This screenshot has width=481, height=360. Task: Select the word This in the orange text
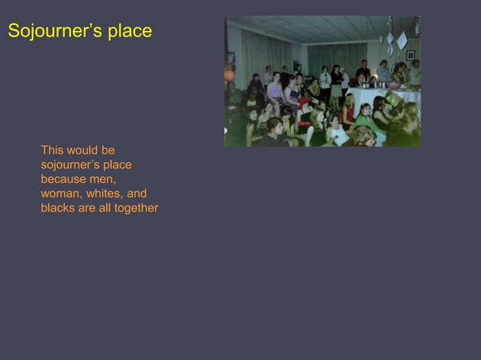(x=52, y=151)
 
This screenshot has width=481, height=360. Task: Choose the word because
(x=64, y=179)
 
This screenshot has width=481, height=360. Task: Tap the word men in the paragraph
(x=104, y=179)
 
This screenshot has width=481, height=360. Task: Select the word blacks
(x=57, y=208)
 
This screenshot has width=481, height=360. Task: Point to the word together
(x=136, y=208)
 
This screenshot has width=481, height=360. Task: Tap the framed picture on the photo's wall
(x=410, y=55)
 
